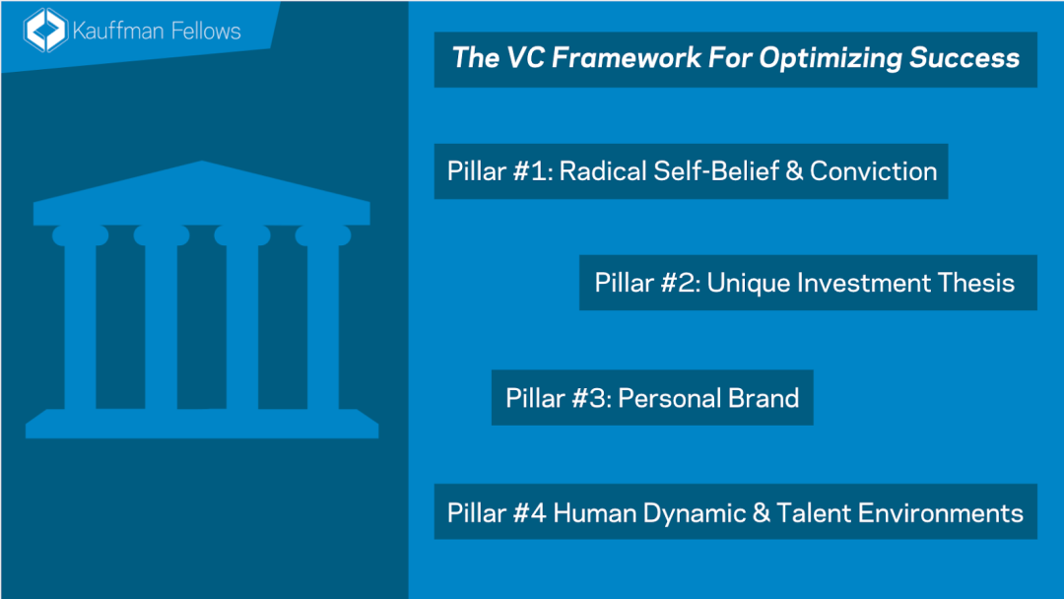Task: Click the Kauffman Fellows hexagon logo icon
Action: [44, 31]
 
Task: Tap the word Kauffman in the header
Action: [117, 32]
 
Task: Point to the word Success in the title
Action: [964, 58]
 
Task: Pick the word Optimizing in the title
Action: [831, 59]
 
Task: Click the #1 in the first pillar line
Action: [533, 171]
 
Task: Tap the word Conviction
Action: [873, 171]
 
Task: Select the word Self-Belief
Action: [716, 171]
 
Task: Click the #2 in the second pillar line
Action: [682, 283]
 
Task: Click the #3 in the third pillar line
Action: [592, 398]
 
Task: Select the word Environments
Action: [941, 513]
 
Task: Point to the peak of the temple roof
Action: [202, 162]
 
